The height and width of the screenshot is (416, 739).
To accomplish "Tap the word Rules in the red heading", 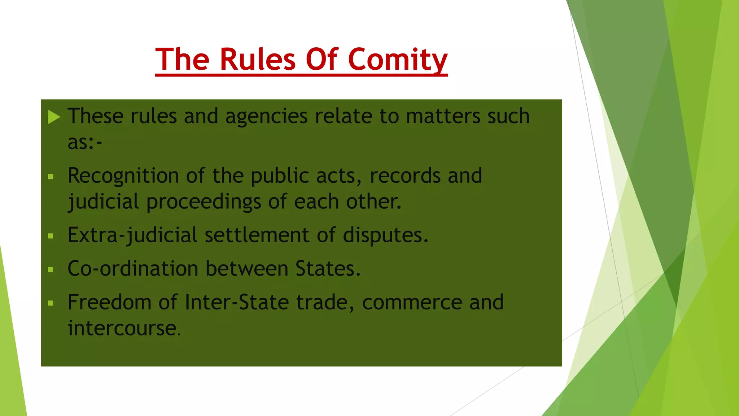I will click(258, 60).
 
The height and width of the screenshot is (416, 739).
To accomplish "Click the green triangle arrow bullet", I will click(54, 117).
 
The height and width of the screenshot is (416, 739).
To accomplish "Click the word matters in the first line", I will click(443, 117).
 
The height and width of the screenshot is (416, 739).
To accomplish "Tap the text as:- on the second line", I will click(85, 142).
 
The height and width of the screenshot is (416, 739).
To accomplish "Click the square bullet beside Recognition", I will click(51, 177).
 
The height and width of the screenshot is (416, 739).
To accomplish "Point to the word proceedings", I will click(204, 202).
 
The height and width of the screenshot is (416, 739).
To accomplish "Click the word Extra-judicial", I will click(132, 235).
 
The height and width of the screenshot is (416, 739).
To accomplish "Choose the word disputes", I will click(385, 235).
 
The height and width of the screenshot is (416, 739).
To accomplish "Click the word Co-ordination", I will click(133, 269).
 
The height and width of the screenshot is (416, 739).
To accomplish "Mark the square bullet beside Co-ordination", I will click(51, 269).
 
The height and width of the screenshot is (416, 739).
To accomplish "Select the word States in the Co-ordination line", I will click(328, 269).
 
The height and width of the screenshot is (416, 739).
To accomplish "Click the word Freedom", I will click(109, 302).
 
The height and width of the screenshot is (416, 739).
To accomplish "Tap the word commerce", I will click(412, 302).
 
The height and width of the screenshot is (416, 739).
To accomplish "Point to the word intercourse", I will click(122, 328).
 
